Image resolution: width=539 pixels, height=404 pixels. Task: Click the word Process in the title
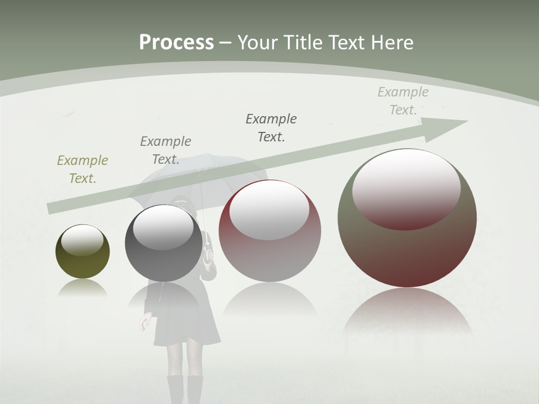[176, 43]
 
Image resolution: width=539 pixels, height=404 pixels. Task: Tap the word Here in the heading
[392, 43]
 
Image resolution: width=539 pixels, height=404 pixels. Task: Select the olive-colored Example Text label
[83, 169]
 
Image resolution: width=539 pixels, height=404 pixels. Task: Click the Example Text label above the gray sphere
[166, 150]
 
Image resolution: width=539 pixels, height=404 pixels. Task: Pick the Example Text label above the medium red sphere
[271, 127]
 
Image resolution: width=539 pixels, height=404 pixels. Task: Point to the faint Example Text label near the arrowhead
[403, 101]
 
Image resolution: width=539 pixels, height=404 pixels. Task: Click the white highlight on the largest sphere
[406, 188]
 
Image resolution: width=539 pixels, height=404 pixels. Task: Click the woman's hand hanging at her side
[145, 323]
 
